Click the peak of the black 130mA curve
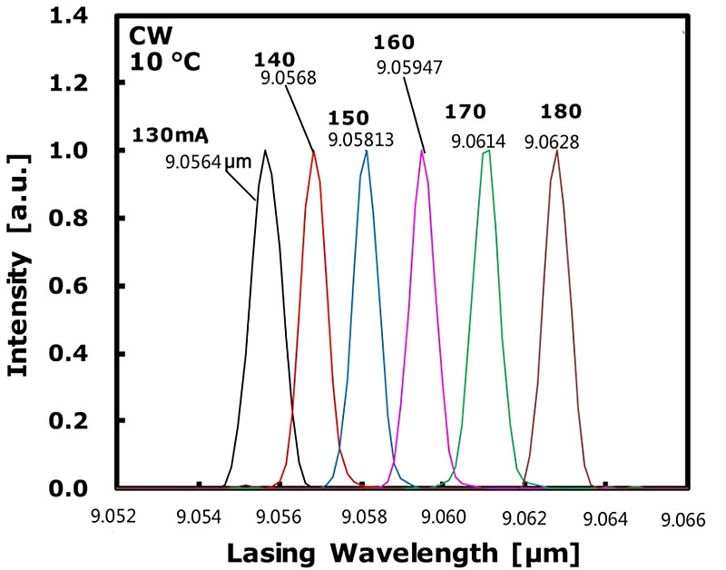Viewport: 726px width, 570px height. pyautogui.click(x=265, y=151)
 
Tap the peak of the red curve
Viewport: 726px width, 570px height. pyautogui.click(x=314, y=152)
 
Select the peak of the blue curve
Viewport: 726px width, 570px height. pyautogui.click(x=366, y=151)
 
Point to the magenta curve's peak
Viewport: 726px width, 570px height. pyautogui.click(x=422, y=151)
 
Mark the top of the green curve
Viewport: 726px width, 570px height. pyautogui.click(x=488, y=151)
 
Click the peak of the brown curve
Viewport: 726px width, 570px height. pyautogui.click(x=555, y=151)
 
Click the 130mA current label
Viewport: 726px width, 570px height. pyautogui.click(x=171, y=136)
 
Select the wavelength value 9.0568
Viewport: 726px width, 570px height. pyautogui.click(x=288, y=78)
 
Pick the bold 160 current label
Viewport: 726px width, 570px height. pyautogui.click(x=394, y=42)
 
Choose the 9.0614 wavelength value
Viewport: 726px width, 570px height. pyautogui.click(x=478, y=142)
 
